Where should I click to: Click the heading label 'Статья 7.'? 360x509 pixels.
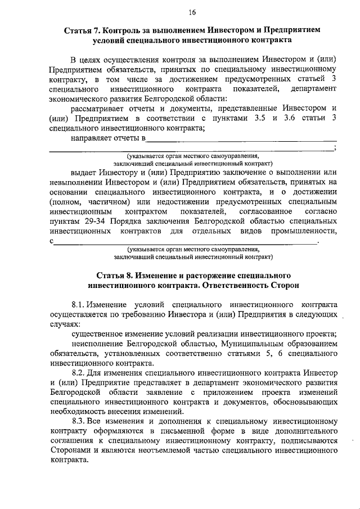pos(82,30)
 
